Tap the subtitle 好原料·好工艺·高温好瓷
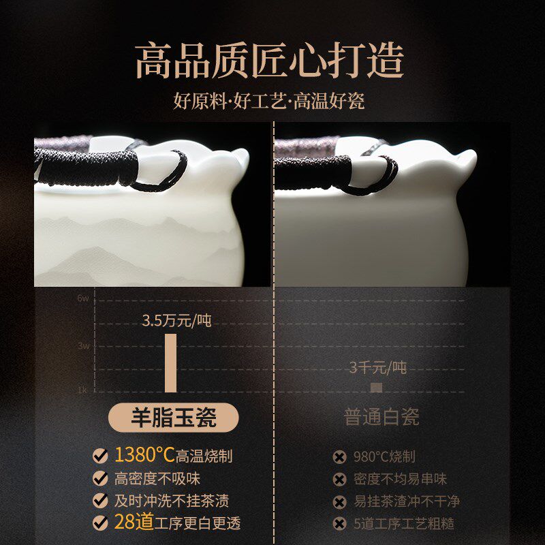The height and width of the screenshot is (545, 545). [x=269, y=102]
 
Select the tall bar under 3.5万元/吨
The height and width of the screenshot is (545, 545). [x=170, y=362]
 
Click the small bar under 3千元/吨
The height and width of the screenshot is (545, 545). [x=376, y=387]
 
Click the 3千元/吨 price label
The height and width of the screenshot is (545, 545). [x=377, y=368]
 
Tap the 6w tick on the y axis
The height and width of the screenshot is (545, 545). [x=83, y=298]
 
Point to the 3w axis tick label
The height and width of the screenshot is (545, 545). [x=83, y=345]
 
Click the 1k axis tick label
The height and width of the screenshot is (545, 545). [x=82, y=390]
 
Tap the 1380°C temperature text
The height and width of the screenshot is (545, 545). [x=144, y=455]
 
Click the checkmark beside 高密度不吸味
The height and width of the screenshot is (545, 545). [x=100, y=478]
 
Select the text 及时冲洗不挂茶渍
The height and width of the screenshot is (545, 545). [x=171, y=501]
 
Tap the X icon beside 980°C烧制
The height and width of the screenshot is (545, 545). [x=338, y=457]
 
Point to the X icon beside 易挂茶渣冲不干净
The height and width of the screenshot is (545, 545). [x=338, y=502]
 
